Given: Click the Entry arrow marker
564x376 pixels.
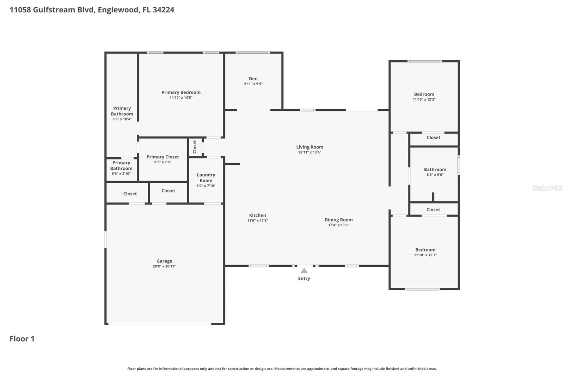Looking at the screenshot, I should coord(304,271).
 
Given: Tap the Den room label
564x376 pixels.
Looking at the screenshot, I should coord(253,79).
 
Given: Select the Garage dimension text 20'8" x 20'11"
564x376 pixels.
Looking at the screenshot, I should coord(164,266).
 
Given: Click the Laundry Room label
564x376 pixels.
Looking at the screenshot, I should coord(206,177).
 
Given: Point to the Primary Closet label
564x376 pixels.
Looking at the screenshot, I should coord(163,157).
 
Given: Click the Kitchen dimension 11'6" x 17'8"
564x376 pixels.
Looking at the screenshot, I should coord(257,220).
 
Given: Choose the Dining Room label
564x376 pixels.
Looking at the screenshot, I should coord(338,220).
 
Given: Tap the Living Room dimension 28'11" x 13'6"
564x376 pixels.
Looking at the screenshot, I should coord(309,152).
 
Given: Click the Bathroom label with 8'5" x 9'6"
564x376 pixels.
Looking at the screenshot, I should coord(435,169).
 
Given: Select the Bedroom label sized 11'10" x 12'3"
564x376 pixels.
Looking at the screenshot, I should coord(424,94).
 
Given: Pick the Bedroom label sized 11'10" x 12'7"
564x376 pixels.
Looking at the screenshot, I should coord(425,250).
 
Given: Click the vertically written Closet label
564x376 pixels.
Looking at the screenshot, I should coord(195,147).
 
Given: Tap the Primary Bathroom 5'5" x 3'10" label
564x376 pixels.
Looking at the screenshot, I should coord(121,165).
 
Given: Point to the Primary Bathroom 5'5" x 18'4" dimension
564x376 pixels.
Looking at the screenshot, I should coord(122,119).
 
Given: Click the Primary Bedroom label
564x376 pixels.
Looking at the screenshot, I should coord(181,92).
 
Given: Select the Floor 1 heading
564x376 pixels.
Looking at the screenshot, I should coord(22,339).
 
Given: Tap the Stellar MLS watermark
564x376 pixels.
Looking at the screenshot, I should coord(547,188).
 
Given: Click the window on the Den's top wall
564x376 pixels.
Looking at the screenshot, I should coord(253,53).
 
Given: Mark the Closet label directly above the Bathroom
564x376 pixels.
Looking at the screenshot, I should coord(433,138).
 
